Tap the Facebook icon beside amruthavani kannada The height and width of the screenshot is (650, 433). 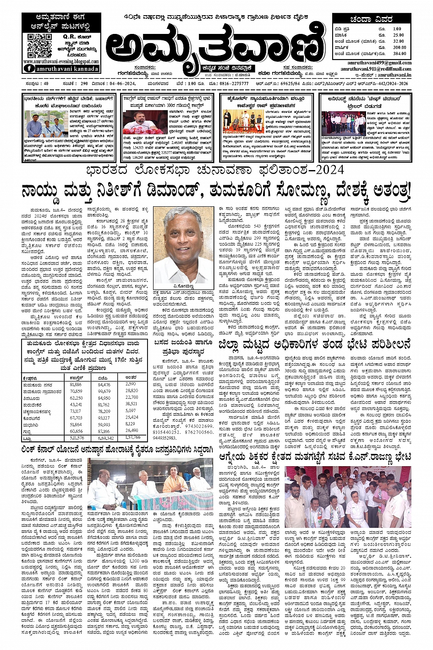point(29,68)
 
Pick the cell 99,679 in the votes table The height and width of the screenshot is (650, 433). point(104,391)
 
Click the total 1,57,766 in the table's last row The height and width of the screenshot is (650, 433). point(133,437)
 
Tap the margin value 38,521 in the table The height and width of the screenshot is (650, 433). point(132,404)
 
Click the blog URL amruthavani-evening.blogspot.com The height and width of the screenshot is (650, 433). point(60,61)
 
